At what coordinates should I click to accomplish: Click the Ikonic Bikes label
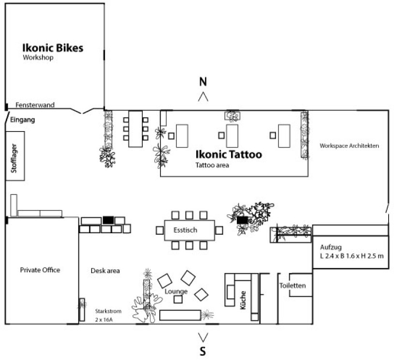pos(53,48)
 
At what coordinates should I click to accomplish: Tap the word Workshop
pos(38,58)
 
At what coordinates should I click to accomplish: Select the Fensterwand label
pos(35,105)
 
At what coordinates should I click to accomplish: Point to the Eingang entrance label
pos(22,120)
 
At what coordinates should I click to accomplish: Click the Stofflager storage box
pos(15,155)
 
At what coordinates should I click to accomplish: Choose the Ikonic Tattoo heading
pos(229,155)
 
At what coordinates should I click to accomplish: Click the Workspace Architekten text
pos(348,145)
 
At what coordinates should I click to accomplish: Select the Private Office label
pos(40,270)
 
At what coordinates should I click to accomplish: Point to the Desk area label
pos(105,270)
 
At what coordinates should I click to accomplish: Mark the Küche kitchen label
pos(243,300)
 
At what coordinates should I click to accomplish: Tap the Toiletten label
pos(292,285)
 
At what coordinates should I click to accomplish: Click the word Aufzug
pos(331,247)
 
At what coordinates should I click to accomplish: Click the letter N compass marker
pos(203,82)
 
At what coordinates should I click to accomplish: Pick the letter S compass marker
pos(203,352)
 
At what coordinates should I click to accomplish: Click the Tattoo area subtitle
pos(212,165)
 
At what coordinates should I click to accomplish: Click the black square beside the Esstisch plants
pos(243,220)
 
